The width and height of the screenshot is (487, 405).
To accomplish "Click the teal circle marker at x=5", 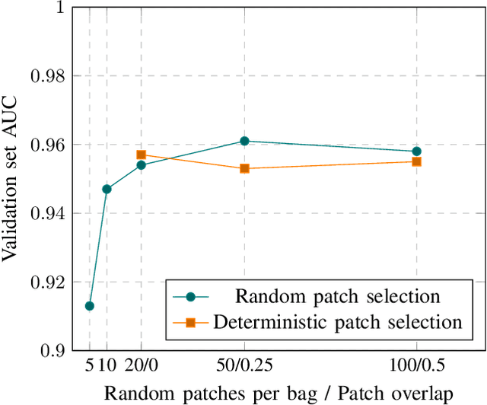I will pyautogui.click(x=89, y=306).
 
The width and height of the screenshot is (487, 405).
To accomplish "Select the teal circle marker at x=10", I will pyautogui.click(x=107, y=189).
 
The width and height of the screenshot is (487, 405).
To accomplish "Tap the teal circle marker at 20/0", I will pyautogui.click(x=141, y=165).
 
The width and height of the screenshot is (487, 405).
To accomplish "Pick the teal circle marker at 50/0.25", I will pyautogui.click(x=244, y=141).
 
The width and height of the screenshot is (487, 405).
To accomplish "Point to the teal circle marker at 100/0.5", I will pyautogui.click(x=416, y=151).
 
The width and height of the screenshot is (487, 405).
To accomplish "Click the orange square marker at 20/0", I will pyautogui.click(x=141, y=155).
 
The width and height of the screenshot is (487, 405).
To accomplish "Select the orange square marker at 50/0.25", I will pyautogui.click(x=244, y=168).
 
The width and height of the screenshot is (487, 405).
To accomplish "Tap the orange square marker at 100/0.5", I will pyautogui.click(x=416, y=161).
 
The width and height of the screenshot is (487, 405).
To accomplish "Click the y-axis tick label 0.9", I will pyautogui.click(x=54, y=351).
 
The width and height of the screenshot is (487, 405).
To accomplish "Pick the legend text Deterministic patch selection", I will pyautogui.click(x=337, y=322).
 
